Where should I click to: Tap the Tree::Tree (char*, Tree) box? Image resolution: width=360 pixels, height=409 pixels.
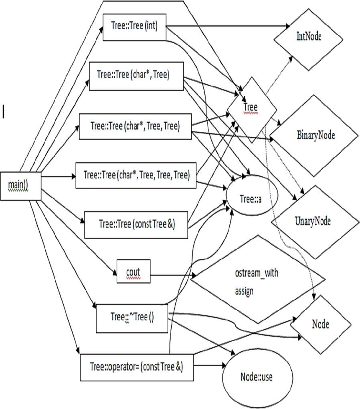[x=136, y=77]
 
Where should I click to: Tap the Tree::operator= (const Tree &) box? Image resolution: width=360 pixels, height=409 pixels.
[x=136, y=367]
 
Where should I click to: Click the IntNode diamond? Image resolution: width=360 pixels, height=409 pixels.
[x=308, y=37]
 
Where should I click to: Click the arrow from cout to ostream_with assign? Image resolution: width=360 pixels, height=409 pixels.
[x=172, y=275]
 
